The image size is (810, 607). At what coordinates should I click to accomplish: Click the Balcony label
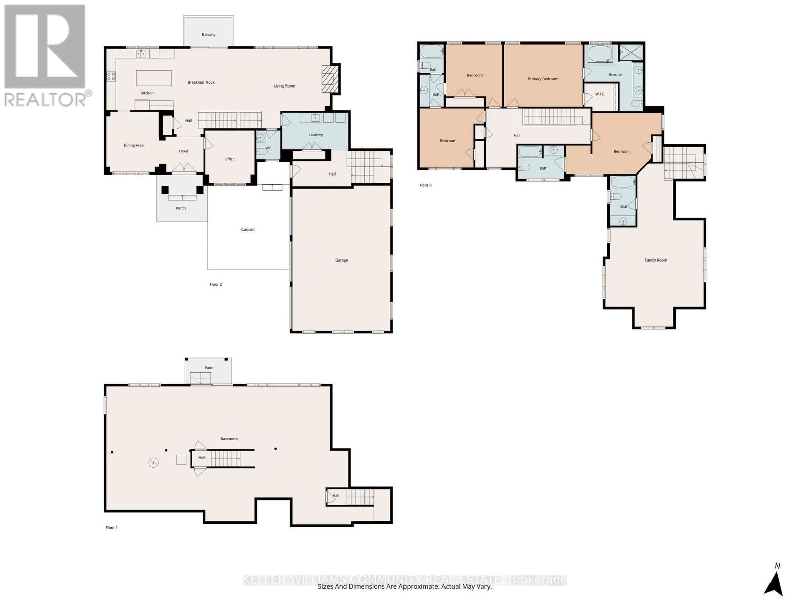tap(209, 35)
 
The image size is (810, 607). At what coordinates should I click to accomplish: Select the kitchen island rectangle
tap(153, 78)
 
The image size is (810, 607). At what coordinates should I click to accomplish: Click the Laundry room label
tap(316, 135)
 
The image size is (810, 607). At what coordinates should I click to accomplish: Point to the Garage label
tap(341, 260)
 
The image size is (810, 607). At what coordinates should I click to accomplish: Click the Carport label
tap(248, 230)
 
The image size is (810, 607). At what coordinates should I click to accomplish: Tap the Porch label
tap(181, 208)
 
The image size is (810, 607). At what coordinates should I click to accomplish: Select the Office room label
tap(230, 159)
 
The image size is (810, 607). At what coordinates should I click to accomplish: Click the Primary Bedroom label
tap(543, 79)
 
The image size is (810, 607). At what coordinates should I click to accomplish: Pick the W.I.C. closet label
tap(600, 94)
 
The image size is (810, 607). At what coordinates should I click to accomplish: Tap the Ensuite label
tap(615, 75)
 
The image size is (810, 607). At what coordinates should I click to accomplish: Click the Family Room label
tap(656, 260)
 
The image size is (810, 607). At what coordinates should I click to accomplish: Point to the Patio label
tap(209, 368)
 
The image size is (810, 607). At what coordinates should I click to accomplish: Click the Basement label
tap(229, 439)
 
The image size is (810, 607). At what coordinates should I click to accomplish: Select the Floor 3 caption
tap(425, 185)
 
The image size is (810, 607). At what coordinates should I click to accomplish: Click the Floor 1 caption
tap(112, 528)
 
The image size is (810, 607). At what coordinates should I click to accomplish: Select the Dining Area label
tap(134, 145)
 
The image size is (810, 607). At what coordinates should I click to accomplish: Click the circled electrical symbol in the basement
tap(153, 462)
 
